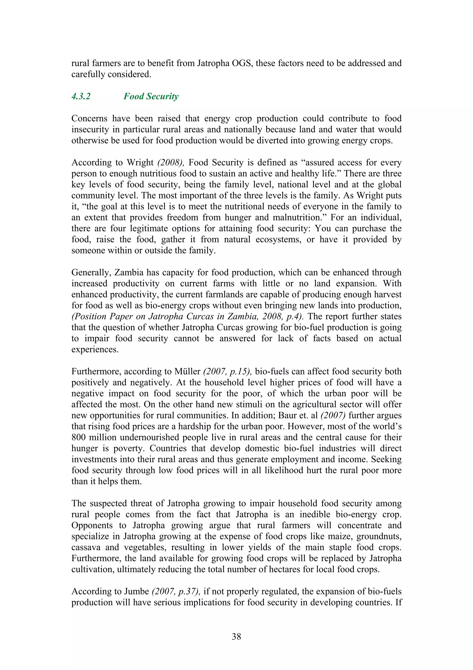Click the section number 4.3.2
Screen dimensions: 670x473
[x=81, y=96]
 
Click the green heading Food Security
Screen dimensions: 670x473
[x=151, y=96]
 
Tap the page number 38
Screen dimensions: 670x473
[x=236, y=636]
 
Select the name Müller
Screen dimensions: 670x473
[x=187, y=371]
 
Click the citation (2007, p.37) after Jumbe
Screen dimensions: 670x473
[x=176, y=592]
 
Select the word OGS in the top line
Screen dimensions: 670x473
[x=242, y=63]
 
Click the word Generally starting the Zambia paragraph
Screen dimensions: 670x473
[x=91, y=272]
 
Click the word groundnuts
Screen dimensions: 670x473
[x=379, y=536]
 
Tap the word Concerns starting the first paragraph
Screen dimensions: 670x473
[x=89, y=118]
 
